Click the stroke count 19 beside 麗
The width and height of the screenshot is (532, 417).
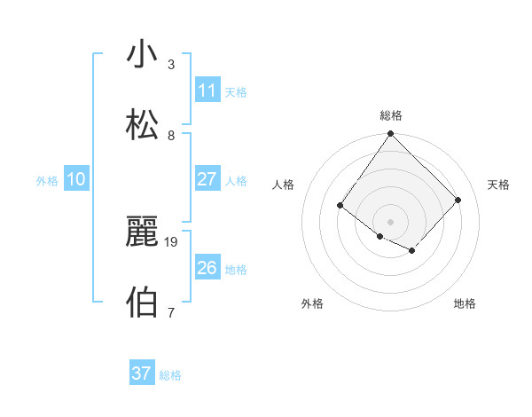point(172,241)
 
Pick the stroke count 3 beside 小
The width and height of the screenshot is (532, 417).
point(171,65)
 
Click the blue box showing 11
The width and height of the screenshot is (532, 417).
point(207,90)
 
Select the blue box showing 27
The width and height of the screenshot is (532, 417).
point(207,178)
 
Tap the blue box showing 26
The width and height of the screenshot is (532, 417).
point(207,268)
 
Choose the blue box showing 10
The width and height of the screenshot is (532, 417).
point(76,179)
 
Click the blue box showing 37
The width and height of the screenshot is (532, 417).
point(142,374)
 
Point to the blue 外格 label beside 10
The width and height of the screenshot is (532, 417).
point(47,181)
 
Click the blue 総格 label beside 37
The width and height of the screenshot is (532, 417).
point(170,375)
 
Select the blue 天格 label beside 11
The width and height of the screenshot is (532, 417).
point(236,92)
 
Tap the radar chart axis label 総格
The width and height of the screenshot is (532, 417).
point(391,115)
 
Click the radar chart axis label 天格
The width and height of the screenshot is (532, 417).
point(499,185)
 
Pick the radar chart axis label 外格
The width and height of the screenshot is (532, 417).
point(312,303)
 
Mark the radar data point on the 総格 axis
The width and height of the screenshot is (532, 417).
point(390,134)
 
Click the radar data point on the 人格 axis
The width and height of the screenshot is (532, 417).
point(340,206)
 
